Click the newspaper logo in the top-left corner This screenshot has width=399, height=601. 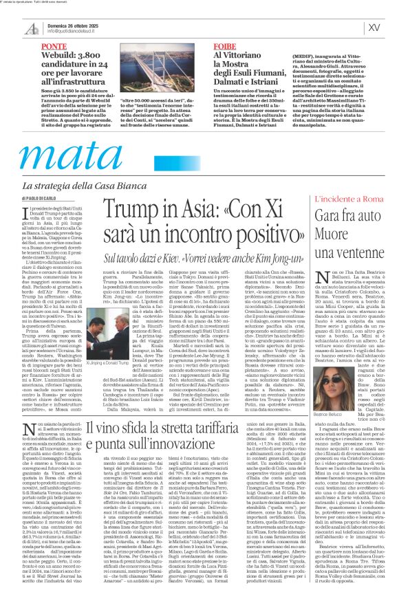pyautogui.click(x=32, y=28)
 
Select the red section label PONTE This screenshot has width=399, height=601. pyautogui.click(x=54, y=47)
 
